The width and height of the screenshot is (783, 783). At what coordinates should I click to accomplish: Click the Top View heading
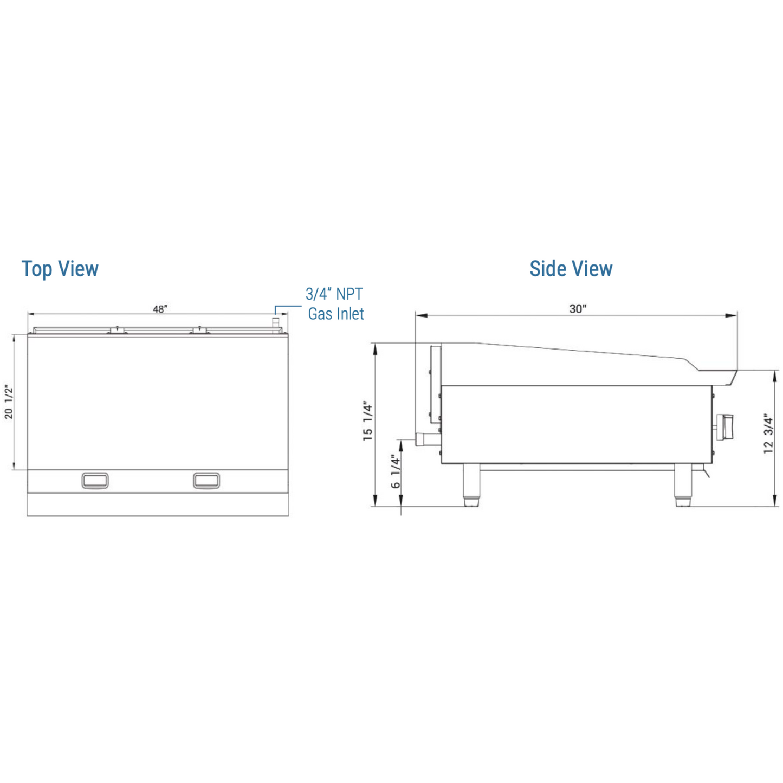60,269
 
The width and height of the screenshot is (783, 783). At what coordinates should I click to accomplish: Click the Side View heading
571,269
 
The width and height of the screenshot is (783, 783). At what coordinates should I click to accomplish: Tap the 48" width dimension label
160,309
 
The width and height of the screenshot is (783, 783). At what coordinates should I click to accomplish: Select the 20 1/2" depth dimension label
9,402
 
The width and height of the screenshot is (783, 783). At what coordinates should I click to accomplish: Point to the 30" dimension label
578,309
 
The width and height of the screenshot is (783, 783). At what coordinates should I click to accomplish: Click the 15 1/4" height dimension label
368,420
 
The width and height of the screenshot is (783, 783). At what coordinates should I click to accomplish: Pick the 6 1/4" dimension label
396,471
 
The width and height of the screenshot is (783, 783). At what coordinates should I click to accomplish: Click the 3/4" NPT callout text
334,294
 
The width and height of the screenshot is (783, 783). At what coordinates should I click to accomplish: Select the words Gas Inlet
336,314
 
